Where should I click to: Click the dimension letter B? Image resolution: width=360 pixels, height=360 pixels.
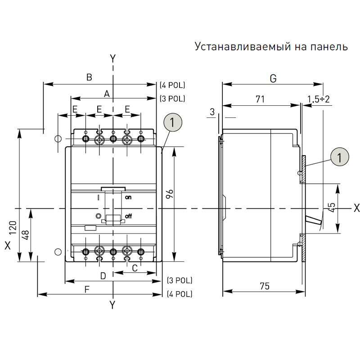89,77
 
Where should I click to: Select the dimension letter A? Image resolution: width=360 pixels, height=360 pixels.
107,94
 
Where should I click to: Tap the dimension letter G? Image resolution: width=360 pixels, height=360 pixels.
273,78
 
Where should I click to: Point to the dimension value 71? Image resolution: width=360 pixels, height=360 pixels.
260,99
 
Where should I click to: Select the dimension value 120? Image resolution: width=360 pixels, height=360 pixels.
13,228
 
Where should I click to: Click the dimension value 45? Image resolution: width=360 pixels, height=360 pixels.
332,207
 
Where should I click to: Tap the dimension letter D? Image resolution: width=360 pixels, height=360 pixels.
103,275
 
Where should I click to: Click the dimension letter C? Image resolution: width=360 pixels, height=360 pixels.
135,268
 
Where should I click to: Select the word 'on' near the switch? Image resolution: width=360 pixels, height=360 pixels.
128,197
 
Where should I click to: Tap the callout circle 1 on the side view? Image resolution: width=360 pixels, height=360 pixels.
339,157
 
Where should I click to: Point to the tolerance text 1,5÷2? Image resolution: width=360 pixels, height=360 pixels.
319,99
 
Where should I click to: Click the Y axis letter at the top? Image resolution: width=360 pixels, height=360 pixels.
113,58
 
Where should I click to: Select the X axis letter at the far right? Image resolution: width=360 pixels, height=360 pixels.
356,208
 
